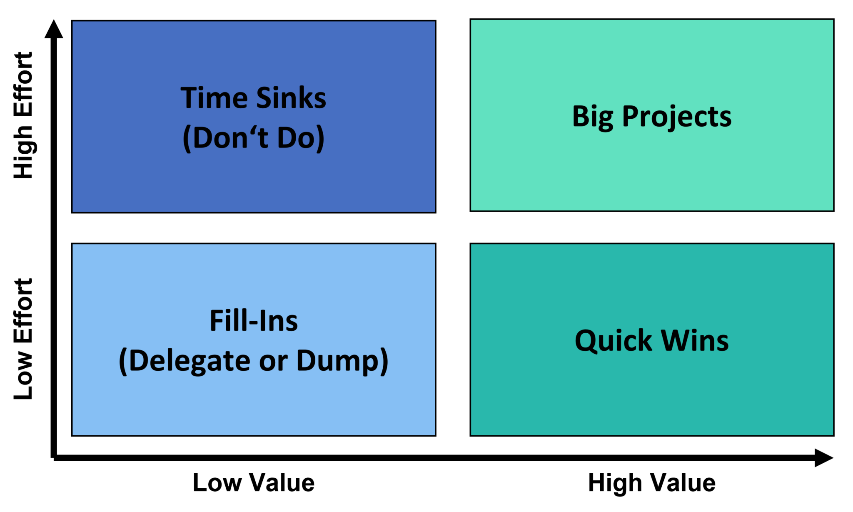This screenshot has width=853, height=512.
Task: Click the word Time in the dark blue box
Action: (x=214, y=98)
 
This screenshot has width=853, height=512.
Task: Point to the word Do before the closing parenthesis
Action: (x=296, y=138)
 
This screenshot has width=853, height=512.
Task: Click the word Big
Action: (x=592, y=117)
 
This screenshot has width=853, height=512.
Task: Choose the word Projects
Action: (x=676, y=117)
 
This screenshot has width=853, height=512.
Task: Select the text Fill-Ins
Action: (x=253, y=321)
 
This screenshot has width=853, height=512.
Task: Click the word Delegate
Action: (x=190, y=361)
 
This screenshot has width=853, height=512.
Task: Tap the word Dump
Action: (x=337, y=361)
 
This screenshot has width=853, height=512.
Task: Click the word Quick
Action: (x=613, y=341)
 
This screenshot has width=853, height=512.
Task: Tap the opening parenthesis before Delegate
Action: (x=123, y=362)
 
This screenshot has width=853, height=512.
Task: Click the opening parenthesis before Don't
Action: (x=187, y=139)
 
